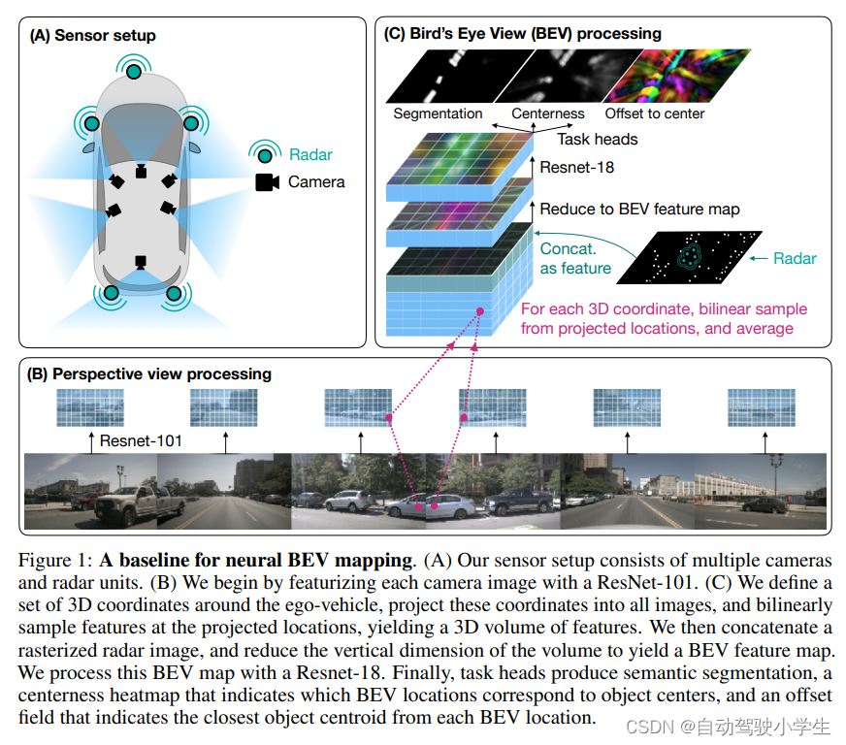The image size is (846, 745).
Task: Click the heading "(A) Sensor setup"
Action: [x=93, y=36]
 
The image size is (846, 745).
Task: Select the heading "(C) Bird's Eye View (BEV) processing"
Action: [x=523, y=33]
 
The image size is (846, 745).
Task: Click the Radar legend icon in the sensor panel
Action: [x=264, y=154]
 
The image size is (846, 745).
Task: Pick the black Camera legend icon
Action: [x=267, y=181]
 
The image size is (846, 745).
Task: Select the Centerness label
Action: [x=548, y=113]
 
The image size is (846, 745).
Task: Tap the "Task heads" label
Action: [x=598, y=139]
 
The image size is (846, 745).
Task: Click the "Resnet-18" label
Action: [x=576, y=167]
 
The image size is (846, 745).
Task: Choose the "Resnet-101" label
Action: [x=141, y=442]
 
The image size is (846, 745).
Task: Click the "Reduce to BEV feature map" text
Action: [x=639, y=209]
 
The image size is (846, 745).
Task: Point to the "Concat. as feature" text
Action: [x=576, y=258]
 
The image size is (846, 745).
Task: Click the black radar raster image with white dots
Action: [x=690, y=257]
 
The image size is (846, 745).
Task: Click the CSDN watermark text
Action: [x=728, y=726]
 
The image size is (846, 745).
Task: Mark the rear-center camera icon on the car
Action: [x=141, y=262]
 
